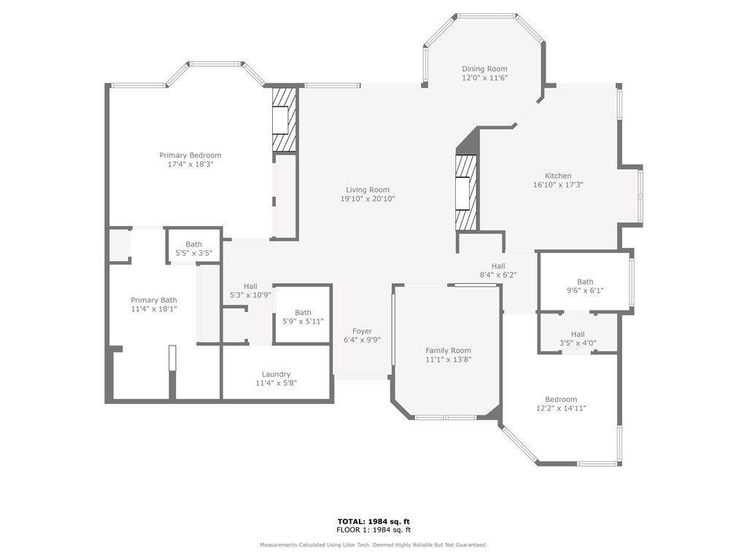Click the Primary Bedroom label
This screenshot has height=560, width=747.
[190, 155]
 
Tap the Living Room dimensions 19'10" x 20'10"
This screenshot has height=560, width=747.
[368, 199]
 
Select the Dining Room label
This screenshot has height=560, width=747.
[484, 69]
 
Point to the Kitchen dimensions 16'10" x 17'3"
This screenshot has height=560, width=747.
[558, 184]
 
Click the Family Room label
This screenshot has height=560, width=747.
[449, 351]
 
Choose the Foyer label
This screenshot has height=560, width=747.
[362, 332]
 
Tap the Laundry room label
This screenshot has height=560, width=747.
[276, 374]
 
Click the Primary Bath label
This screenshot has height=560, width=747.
[154, 300]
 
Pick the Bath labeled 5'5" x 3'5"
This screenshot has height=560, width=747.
[194, 249]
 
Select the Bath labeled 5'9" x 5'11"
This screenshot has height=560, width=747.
[303, 317]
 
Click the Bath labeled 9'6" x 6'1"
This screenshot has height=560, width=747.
[585, 286]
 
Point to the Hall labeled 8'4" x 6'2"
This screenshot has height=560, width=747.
[498, 271]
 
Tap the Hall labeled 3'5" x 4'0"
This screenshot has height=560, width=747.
[578, 338]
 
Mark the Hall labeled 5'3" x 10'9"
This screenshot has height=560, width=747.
[251, 290]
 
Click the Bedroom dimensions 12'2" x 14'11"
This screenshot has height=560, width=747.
[561, 408]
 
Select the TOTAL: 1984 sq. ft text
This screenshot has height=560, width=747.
[373, 521]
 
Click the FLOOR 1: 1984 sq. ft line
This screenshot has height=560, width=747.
[373, 529]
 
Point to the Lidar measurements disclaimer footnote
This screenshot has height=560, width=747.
[373, 545]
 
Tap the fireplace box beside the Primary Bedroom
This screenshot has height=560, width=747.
[285, 120]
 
